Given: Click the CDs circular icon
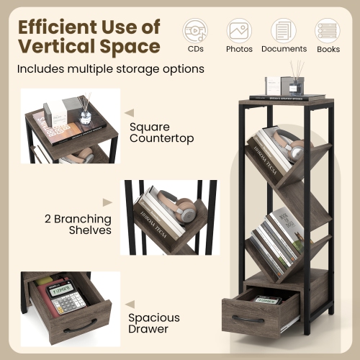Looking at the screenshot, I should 194,30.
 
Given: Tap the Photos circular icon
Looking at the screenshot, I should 239,30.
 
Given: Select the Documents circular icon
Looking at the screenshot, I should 283,30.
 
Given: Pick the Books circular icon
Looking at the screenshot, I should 328,30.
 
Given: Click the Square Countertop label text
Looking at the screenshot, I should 161,132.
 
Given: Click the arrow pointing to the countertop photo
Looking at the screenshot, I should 130,113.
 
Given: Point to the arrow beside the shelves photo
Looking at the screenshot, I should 107,203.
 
